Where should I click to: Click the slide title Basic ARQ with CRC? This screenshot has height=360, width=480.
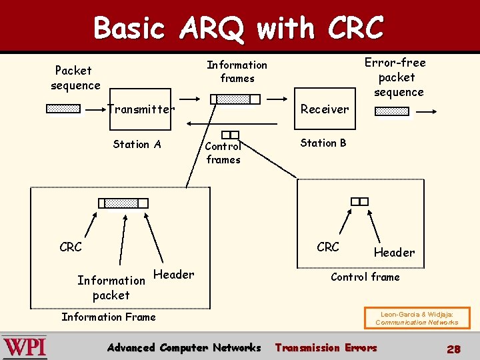tap(239, 28)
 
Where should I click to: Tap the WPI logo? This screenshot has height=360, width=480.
tap(25, 347)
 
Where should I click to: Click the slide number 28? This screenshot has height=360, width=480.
tap(454, 349)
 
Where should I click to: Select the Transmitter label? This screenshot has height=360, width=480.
tap(141, 109)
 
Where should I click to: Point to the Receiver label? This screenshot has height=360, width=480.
tap(325, 109)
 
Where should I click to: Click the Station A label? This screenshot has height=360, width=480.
tap(137, 144)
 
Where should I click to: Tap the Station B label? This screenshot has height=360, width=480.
tap(323, 143)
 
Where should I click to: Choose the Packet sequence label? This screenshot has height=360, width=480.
tap(75, 77)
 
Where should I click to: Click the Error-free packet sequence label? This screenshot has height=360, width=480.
tap(397, 77)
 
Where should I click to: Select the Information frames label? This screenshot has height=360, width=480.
tap(237, 71)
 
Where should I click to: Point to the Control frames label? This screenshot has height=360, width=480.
tap(223, 153)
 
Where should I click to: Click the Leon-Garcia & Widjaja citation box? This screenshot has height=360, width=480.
tap(417, 318)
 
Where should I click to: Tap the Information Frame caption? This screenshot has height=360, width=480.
tap(109, 317)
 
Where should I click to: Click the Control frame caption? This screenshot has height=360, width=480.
tap(365, 277)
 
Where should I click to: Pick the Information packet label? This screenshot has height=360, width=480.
tap(111, 287)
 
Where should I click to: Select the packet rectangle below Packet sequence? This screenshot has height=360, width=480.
tap(63, 109)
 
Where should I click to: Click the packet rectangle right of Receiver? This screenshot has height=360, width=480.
tap(392, 111)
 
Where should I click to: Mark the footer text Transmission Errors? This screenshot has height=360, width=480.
tap(326, 347)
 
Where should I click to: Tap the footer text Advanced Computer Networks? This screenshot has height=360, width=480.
tap(184, 347)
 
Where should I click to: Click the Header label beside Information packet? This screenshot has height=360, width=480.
tap(174, 274)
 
